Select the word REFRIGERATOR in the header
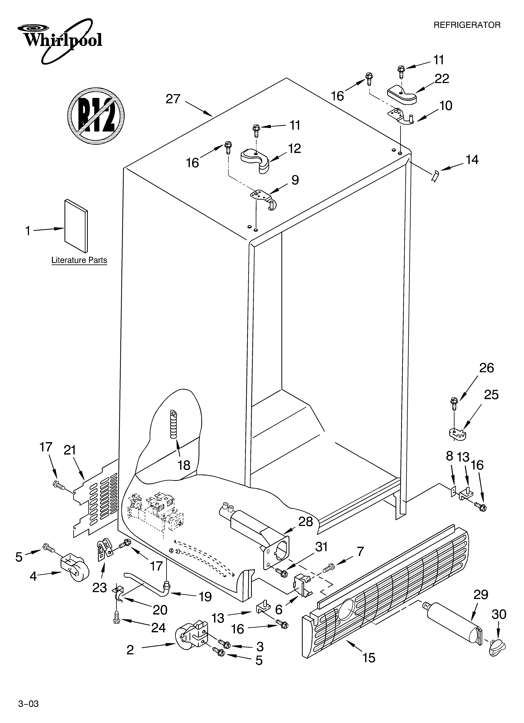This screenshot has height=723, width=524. coord(467,25)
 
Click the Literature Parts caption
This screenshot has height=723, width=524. coord(79,260)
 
